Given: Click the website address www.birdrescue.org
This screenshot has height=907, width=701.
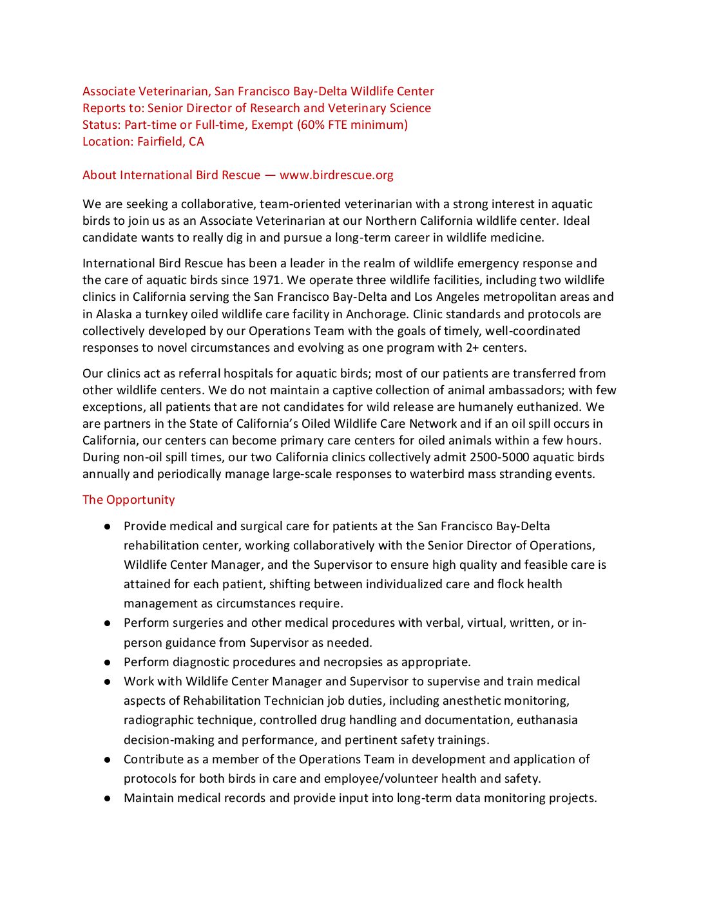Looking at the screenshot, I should (x=336, y=175).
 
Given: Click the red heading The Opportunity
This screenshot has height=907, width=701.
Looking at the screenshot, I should (x=128, y=500).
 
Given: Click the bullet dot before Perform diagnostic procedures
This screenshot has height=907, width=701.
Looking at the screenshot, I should (x=108, y=662).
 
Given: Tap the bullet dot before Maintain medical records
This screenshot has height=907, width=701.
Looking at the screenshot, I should (x=108, y=798).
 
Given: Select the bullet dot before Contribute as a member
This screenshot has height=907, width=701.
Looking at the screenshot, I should (x=108, y=759).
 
